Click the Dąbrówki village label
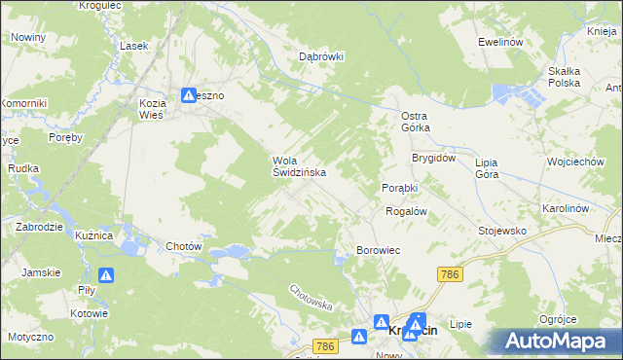(x=321, y=56)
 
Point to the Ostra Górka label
(x=416, y=121)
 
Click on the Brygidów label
(x=433, y=158)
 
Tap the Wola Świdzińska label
(x=298, y=166)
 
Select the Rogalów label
(x=407, y=210)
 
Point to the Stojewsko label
(x=502, y=231)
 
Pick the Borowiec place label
(x=379, y=250)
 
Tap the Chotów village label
(x=184, y=246)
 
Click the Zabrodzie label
(x=39, y=226)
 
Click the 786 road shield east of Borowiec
(x=449, y=275)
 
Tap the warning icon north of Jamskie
(x=106, y=276)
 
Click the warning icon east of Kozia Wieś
(x=189, y=95)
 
